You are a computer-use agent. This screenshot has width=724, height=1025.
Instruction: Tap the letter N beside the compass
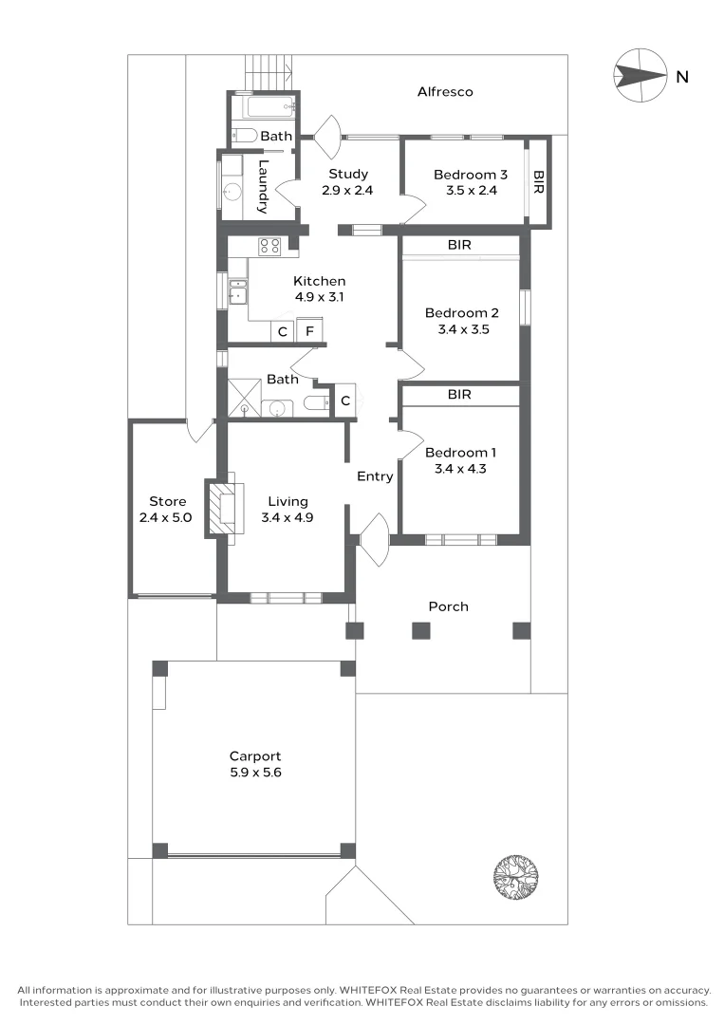click(x=681, y=78)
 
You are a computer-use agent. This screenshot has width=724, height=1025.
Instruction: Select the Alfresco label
click(x=445, y=92)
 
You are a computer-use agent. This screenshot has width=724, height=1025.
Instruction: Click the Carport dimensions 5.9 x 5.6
click(x=255, y=773)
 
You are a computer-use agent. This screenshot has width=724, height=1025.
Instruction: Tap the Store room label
click(x=167, y=501)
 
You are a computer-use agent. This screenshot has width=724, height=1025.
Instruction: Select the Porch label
click(x=448, y=606)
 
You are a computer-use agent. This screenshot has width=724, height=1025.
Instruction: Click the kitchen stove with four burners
click(x=269, y=247)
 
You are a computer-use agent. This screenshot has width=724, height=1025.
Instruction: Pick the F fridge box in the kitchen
click(x=309, y=332)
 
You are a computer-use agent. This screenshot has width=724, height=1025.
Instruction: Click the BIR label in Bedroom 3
click(x=539, y=182)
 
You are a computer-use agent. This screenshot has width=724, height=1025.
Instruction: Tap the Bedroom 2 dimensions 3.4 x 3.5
click(x=461, y=329)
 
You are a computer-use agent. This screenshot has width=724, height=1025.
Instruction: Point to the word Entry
click(x=375, y=476)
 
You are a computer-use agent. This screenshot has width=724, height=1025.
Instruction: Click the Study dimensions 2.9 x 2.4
click(x=348, y=190)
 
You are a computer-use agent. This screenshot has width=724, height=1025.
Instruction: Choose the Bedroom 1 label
click(x=460, y=453)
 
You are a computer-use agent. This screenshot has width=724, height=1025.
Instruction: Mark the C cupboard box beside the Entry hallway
click(x=345, y=401)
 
